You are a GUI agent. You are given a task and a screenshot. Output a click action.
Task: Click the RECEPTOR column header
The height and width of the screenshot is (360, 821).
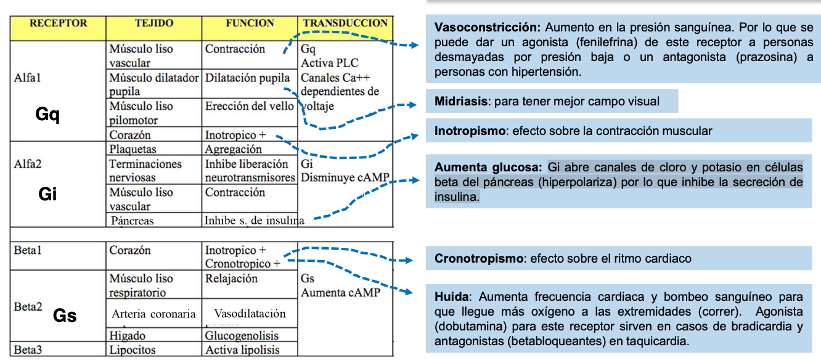59,24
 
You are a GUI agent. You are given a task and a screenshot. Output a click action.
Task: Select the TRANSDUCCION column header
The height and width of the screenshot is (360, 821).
345,24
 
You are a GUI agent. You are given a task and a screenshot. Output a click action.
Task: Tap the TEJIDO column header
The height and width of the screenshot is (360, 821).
154,24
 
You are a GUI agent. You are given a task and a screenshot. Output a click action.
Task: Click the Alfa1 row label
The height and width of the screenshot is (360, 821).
27,78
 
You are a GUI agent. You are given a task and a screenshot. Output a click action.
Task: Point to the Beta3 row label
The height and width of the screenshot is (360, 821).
28,350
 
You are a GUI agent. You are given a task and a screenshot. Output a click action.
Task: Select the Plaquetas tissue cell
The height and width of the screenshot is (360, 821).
133,149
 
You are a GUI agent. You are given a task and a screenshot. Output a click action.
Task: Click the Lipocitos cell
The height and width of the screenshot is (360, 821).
133,350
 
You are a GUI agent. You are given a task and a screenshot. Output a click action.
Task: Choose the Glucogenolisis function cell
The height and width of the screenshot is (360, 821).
242,336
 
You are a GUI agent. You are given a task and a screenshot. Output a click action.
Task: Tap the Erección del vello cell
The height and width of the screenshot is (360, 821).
249,106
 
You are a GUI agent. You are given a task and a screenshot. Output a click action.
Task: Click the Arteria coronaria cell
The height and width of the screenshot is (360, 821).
153,314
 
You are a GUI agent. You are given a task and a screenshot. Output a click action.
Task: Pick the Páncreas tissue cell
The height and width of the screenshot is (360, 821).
133,220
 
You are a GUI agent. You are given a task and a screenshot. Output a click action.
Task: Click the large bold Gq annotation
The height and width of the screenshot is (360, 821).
47,115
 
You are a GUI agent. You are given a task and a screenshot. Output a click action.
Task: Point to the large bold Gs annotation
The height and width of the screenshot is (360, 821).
65,316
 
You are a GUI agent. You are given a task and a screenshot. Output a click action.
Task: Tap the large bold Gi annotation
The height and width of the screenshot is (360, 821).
47,194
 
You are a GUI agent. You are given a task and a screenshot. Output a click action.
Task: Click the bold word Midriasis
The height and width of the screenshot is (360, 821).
460,101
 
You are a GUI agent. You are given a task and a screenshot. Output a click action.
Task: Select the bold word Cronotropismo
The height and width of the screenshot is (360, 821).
478,259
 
